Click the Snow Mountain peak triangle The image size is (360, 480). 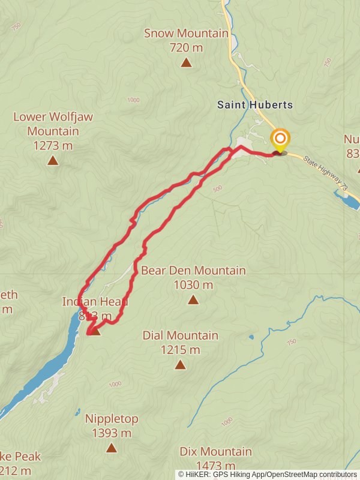click(186, 62)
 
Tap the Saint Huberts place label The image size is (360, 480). click(255, 105)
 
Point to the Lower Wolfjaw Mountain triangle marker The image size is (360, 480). click(53, 160)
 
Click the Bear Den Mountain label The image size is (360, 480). click(193, 271)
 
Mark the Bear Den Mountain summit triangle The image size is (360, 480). click(193, 300)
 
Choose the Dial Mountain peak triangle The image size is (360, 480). click(180, 364)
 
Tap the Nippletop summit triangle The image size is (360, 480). click(111, 448)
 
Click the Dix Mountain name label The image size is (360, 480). click(215, 451)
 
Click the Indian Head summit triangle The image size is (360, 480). click(95, 331)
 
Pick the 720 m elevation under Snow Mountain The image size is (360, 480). click(186, 47)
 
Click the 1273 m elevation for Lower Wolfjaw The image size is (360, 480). click(53, 145)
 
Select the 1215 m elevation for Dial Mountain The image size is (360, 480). click(180, 349)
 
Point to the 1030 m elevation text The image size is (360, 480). click(193, 285)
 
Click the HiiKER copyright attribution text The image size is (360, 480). click(267, 474)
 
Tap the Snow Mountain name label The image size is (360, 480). click(186, 34)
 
